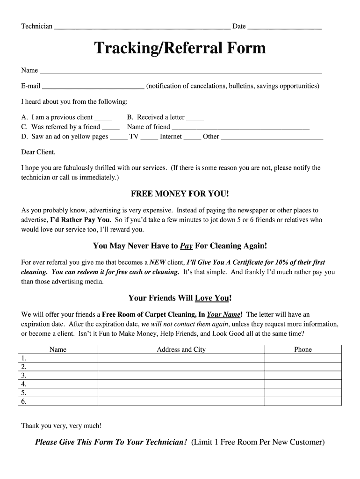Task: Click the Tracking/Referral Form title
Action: [180, 48]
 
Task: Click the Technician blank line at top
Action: [142, 27]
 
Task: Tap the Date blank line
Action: [284, 27]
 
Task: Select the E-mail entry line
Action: [93, 87]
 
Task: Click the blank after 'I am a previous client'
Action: [103, 118]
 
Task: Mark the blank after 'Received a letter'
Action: [195, 118]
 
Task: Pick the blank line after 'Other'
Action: [272, 137]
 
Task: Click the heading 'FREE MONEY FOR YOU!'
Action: [180, 194]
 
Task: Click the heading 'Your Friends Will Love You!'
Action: [180, 298]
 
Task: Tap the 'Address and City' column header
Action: [181, 349]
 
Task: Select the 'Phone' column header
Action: [302, 349]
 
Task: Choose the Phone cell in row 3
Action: [302, 376]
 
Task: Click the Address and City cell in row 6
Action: [181, 401]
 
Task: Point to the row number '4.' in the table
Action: [24, 384]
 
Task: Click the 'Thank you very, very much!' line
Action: [61, 426]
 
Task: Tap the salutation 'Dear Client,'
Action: [38, 152]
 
